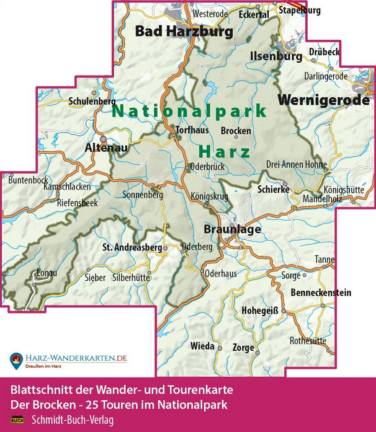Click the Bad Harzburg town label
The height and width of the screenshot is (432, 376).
click(184, 31)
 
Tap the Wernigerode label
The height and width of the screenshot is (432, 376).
click(323, 99)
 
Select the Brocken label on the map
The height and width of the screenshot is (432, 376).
click(236, 131)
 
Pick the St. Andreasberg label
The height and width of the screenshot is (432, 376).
click(132, 248)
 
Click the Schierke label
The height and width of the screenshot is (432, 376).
click(273, 190)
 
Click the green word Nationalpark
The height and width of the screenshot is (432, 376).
click(189, 112)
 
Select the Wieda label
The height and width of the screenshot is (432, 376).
click(203, 345)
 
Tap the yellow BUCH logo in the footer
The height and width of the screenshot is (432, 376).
click(17, 420)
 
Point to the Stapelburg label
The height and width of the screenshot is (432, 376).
click(300, 11)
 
